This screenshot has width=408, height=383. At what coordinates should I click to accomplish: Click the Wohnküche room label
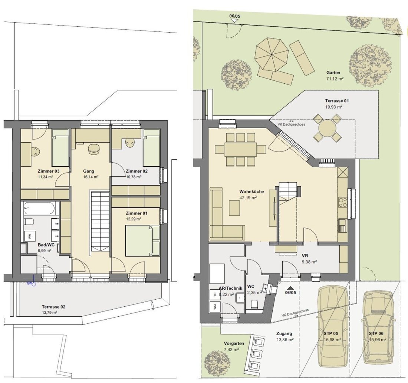click(251, 191)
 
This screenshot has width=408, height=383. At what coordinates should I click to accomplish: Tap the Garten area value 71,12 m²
click(335, 79)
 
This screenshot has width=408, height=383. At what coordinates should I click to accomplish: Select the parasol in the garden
click(272, 54)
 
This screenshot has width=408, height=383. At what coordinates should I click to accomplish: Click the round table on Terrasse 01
click(327, 128)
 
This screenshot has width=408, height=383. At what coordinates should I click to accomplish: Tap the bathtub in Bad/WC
click(40, 208)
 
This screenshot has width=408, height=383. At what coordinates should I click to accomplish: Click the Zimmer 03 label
click(48, 171)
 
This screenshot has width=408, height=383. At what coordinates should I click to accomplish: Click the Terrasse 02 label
click(54, 307)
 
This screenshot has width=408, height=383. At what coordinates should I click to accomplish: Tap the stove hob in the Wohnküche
click(343, 202)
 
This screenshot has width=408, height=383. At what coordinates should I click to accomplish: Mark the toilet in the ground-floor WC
click(254, 304)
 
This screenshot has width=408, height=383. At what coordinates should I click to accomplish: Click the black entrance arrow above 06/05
click(291, 288)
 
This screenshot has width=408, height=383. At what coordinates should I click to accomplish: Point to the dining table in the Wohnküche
click(241, 149)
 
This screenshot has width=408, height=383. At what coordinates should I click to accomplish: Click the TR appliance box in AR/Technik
click(215, 294)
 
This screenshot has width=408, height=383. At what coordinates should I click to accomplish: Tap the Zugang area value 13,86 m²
click(286, 339)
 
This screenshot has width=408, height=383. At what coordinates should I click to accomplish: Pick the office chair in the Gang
click(94, 149)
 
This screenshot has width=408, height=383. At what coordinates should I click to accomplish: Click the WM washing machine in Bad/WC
click(30, 236)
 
